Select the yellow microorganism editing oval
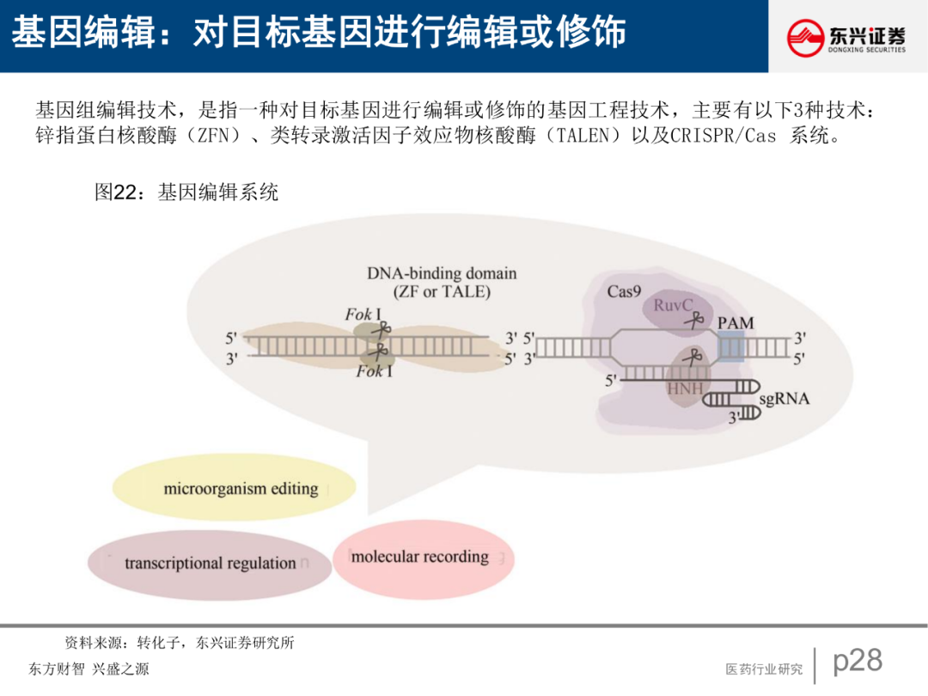pos(234,489)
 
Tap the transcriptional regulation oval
pos(210,564)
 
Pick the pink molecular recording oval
pos(421,557)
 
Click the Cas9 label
pos(624,291)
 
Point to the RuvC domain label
pos(673,306)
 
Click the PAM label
pos(735,323)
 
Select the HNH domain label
pos(685,389)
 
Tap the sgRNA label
pos(784,399)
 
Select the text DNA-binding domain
pos(442,273)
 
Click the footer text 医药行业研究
pos(764,669)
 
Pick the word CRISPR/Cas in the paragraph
pos(710,137)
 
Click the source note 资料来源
pos(95,643)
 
